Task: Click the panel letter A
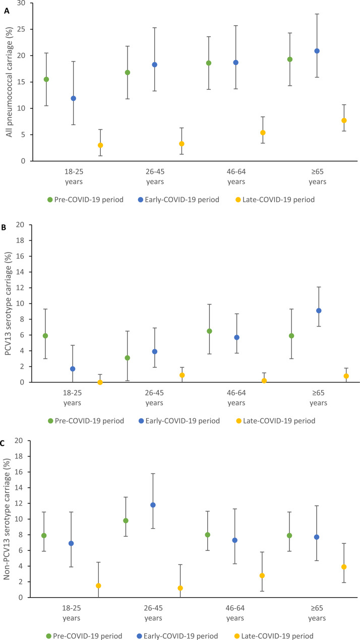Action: click(x=7, y=11)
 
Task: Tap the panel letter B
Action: click(x=4, y=227)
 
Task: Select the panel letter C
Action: click(x=3, y=443)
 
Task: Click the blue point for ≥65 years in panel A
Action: click(x=317, y=51)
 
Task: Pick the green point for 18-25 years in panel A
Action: click(x=46, y=79)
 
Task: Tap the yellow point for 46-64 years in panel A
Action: click(x=263, y=133)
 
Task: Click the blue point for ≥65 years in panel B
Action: click(x=319, y=310)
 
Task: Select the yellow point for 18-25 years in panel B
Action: click(x=100, y=382)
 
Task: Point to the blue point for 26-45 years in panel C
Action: click(x=153, y=505)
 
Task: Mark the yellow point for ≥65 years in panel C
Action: click(x=344, y=567)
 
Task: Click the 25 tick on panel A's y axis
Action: click(x=21, y=29)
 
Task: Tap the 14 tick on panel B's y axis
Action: click(x=20, y=272)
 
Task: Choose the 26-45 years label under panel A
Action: click(x=155, y=176)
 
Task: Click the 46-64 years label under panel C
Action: click(x=235, y=613)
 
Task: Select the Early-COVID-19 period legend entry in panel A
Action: click(x=178, y=200)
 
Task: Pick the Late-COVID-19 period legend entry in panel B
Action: click(x=276, y=421)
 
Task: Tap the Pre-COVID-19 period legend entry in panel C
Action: click(x=84, y=635)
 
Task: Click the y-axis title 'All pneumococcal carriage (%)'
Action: click(x=9, y=82)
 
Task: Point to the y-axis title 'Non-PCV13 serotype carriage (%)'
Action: click(x=7, y=519)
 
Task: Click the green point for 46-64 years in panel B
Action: click(x=209, y=331)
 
